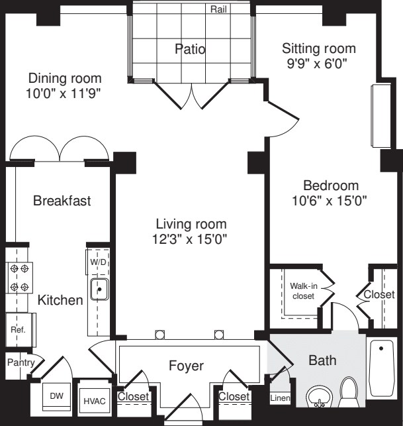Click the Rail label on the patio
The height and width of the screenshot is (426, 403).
pyautogui.click(x=219, y=9)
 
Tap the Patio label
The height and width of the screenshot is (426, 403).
pyautogui.click(x=190, y=49)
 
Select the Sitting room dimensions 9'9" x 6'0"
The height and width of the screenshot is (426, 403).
pyautogui.click(x=318, y=65)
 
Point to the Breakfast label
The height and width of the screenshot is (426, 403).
pyautogui.click(x=62, y=201)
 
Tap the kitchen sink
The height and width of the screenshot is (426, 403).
pyautogui.click(x=99, y=290)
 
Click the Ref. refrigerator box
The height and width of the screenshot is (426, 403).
pyautogui.click(x=19, y=329)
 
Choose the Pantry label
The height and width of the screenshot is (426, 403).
pyautogui.click(x=20, y=362)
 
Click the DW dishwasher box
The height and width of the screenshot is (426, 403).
pyautogui.click(x=56, y=396)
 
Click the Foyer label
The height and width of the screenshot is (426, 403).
pyautogui.click(x=186, y=366)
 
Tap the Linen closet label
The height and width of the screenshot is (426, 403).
pyautogui.click(x=279, y=398)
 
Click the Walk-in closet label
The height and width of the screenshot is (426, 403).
pyautogui.click(x=303, y=291)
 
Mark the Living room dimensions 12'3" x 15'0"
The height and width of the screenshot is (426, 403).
pyautogui.click(x=191, y=239)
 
